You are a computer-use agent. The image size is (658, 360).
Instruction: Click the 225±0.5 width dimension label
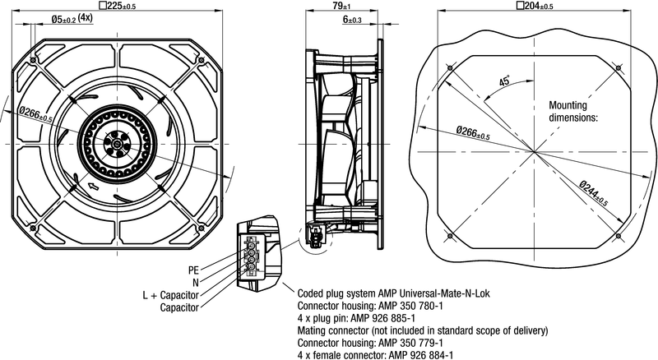coord(122,6)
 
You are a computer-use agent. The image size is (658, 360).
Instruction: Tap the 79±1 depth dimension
coord(340,6)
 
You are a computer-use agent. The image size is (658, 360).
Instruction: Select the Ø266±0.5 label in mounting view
coord(472,132)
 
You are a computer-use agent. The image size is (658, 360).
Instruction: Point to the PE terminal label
coord(194,270)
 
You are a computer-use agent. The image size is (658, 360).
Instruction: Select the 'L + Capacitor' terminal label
coord(172,295)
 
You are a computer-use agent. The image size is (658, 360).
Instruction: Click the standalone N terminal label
coord(196,282)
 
